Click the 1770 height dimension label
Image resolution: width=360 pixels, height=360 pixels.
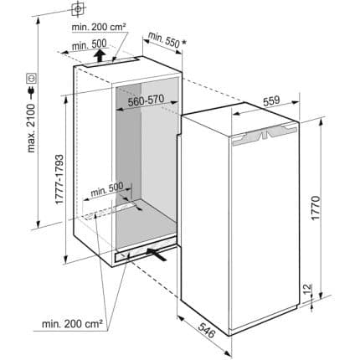(316, 208)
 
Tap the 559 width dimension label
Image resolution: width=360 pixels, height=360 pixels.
(271, 100)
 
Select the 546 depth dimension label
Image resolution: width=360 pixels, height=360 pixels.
(207, 329)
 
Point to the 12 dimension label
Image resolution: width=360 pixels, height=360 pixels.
(306, 291)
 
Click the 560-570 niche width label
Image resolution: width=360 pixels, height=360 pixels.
(146, 100)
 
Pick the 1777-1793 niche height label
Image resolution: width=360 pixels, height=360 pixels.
(59, 179)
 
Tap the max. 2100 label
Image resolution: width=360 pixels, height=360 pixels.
(31, 128)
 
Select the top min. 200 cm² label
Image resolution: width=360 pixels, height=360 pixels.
(99, 27)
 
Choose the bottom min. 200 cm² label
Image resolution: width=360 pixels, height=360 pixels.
(72, 324)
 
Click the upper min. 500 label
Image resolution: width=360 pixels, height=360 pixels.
(89, 44)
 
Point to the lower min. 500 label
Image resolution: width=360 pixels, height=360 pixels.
(107, 189)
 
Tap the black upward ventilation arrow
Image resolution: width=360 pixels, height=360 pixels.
(100, 55)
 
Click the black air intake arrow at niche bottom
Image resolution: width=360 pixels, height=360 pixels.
(157, 254)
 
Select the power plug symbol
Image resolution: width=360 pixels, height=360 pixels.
(31, 92)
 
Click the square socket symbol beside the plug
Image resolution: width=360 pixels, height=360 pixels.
(31, 78)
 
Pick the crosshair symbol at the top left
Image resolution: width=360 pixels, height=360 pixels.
(78, 9)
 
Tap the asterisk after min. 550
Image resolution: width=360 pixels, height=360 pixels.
(184, 43)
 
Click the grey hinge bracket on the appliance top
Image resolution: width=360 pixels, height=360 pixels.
(264, 135)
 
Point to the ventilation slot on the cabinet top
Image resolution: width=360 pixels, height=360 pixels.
(111, 63)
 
